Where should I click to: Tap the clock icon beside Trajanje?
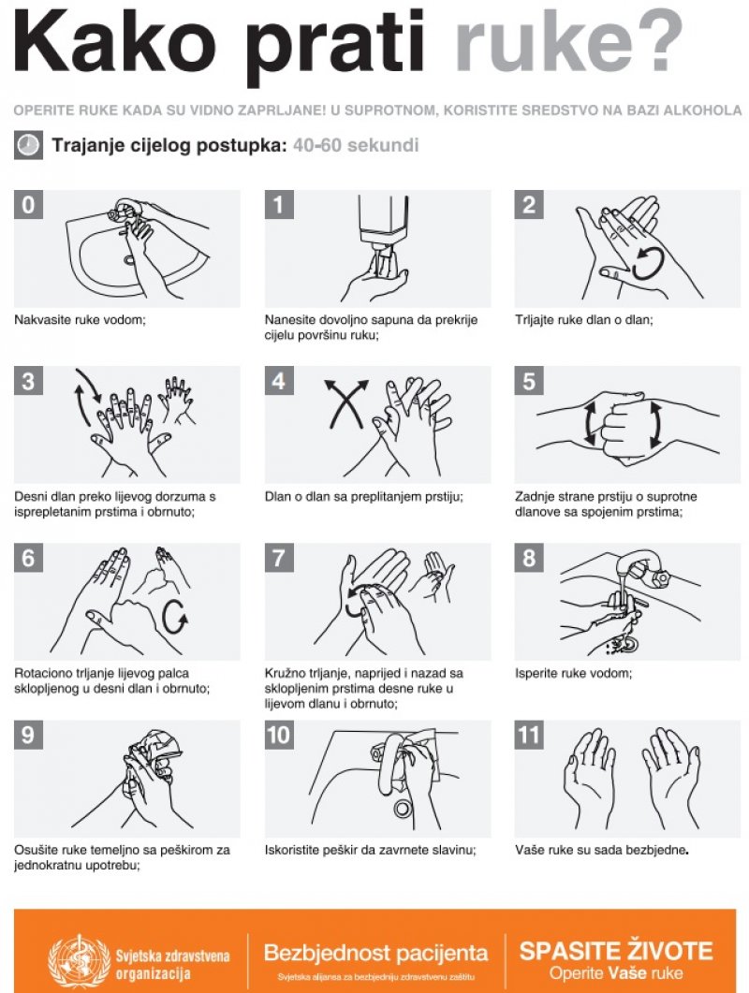pyautogui.click(x=28, y=145)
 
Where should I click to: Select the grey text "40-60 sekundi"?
pyautogui.click(x=356, y=145)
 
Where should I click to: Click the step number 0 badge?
pyautogui.click(x=28, y=205)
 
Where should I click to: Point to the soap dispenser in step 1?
pyautogui.click(x=383, y=225)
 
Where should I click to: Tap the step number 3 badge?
pyautogui.click(x=28, y=381)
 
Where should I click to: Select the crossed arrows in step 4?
pyautogui.click(x=346, y=403)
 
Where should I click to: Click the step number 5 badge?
pyautogui.click(x=528, y=381)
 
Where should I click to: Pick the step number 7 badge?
pyautogui.click(x=279, y=557)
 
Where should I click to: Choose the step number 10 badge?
pyautogui.click(x=279, y=735)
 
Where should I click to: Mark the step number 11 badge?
pyautogui.click(x=528, y=735)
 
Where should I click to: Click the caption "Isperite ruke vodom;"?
pyautogui.click(x=574, y=673)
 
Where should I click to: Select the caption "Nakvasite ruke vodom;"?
pyautogui.click(x=80, y=320)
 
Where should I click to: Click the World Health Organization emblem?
pyautogui.click(x=79, y=960)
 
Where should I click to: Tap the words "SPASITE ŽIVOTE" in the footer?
pyautogui.click(x=616, y=951)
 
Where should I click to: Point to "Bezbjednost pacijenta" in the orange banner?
pyautogui.click(x=375, y=953)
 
